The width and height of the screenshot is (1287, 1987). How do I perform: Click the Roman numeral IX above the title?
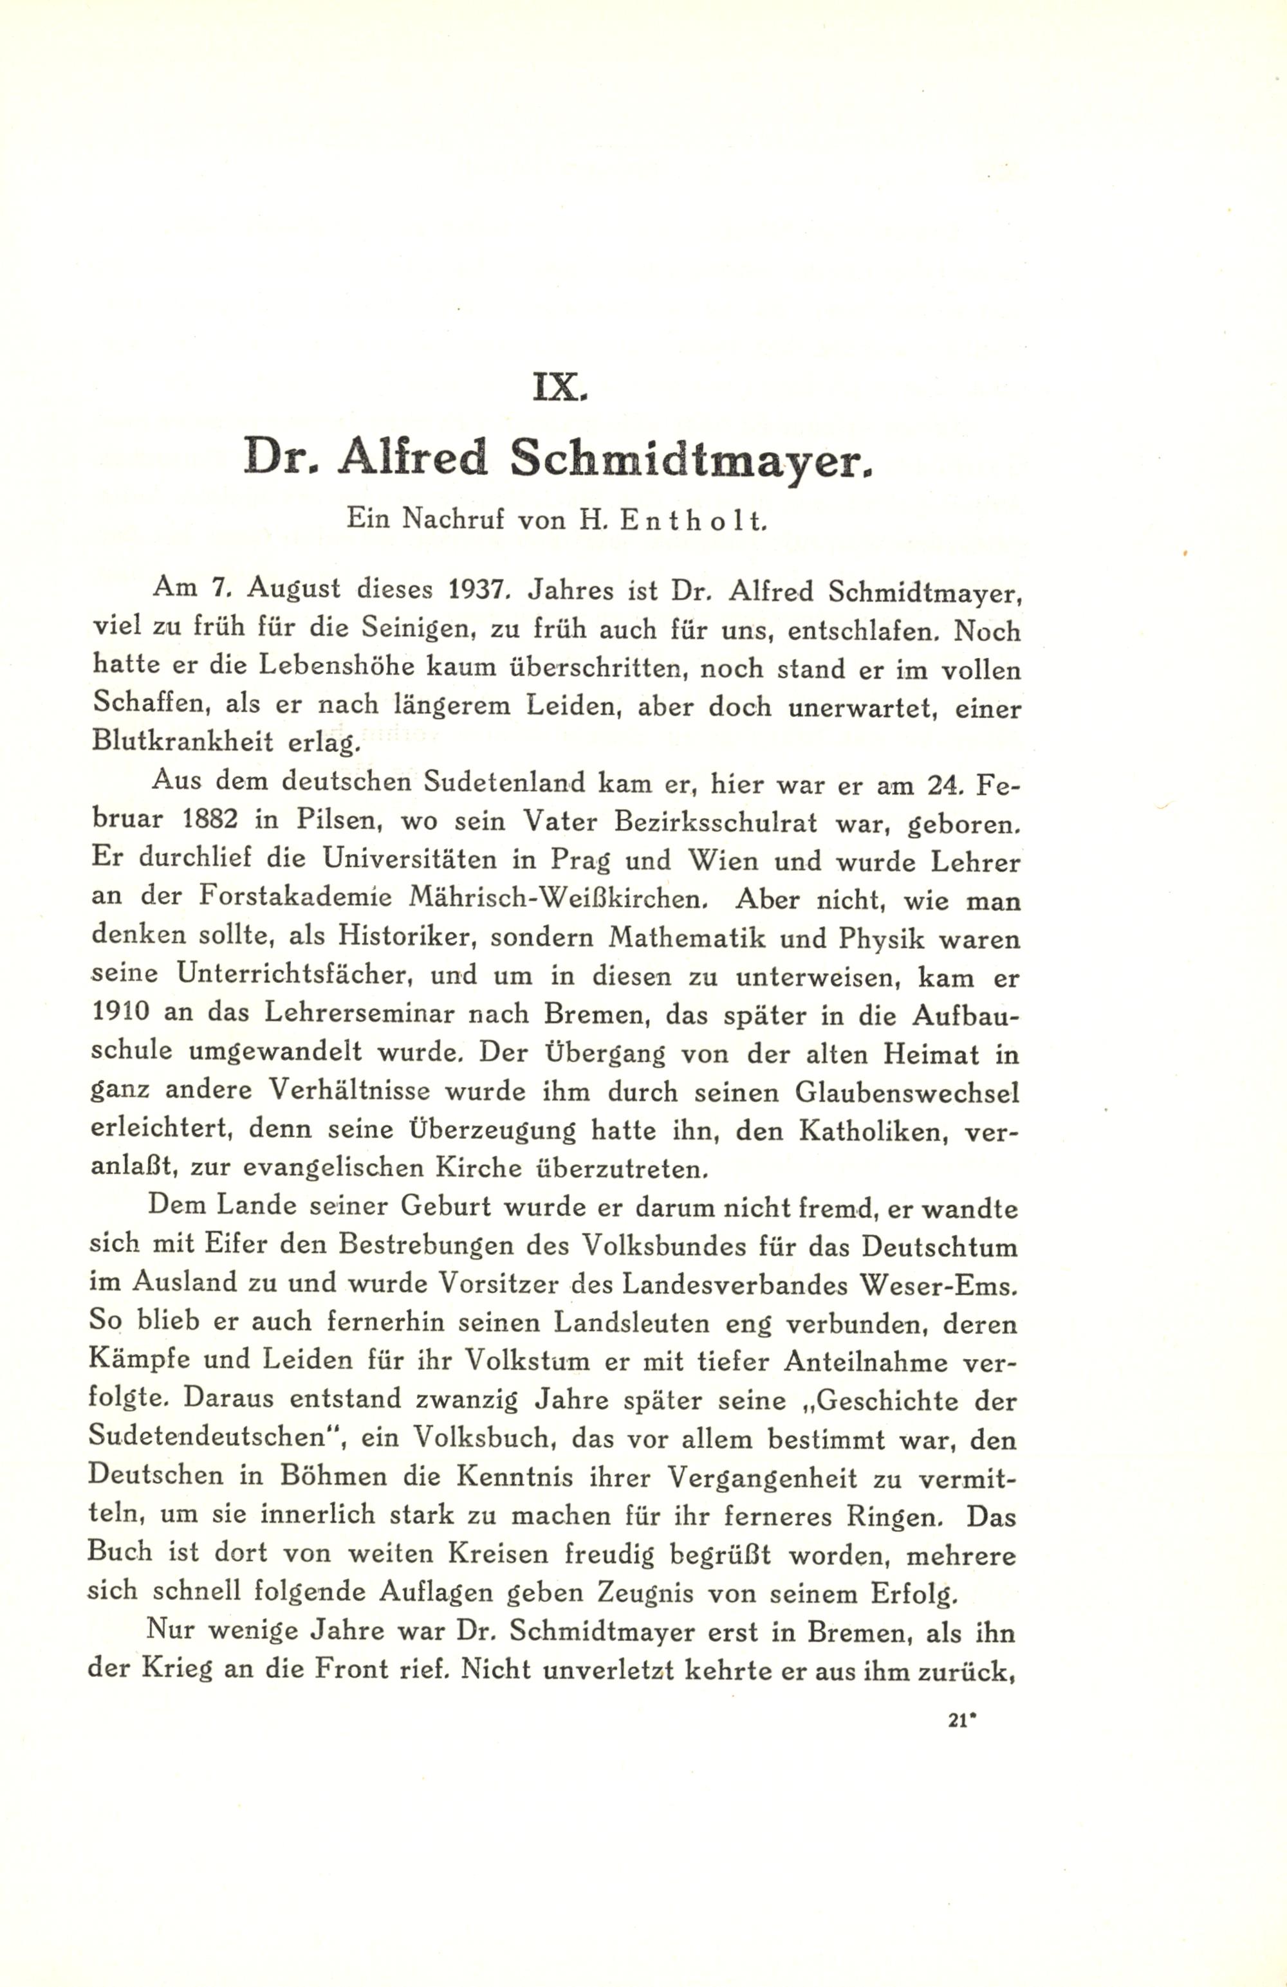pyautogui.click(x=560, y=389)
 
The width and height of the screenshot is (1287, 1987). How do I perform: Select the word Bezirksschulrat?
pyautogui.click(x=712, y=821)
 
